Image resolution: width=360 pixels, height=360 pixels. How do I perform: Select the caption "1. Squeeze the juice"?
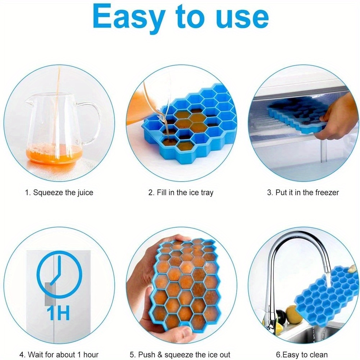(x=59, y=193)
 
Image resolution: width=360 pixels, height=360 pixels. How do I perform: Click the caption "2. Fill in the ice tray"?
(x=181, y=193)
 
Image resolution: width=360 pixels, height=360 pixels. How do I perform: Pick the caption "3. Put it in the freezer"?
(x=303, y=193)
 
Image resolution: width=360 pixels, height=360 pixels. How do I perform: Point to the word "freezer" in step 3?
(x=326, y=193)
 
